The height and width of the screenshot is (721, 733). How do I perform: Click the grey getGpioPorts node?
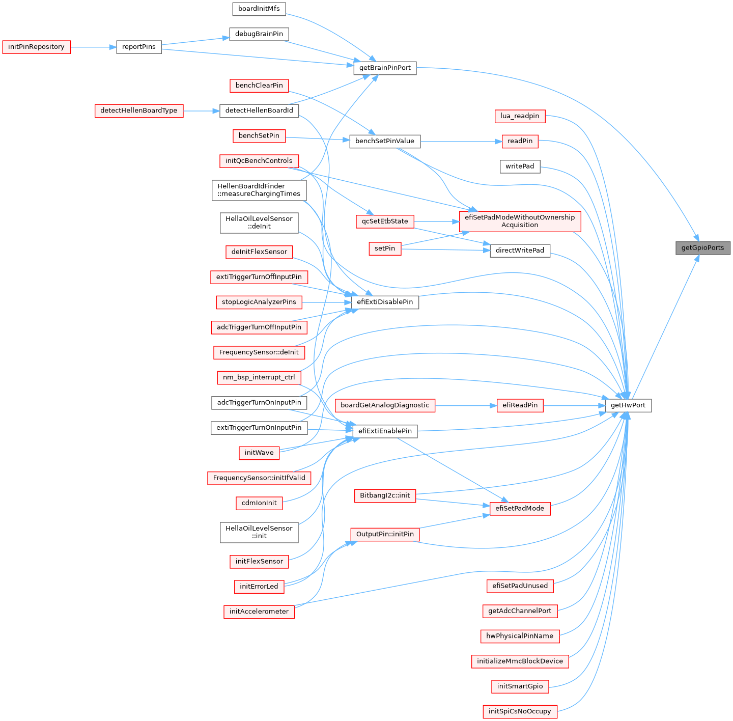click(702, 248)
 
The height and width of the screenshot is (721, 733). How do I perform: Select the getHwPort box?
click(628, 405)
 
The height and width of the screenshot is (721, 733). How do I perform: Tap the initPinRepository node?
click(37, 47)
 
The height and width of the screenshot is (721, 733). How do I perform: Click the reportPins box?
click(139, 47)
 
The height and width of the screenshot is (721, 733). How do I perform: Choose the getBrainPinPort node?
click(385, 68)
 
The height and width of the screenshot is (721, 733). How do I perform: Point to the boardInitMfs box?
click(259, 9)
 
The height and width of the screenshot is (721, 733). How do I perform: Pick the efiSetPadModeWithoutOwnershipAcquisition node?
click(520, 221)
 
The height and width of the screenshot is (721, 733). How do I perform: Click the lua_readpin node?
click(520, 116)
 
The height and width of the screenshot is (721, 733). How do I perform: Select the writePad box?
click(520, 167)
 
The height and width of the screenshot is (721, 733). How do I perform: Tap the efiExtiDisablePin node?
click(385, 302)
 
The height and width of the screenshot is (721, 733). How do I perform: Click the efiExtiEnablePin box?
click(385, 431)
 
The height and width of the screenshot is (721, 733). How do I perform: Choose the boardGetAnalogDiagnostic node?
click(385, 405)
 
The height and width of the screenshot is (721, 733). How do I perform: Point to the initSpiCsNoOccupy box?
click(520, 711)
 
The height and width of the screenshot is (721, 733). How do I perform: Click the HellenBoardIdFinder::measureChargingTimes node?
click(259, 190)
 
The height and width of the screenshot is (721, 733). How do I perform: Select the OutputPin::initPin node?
click(385, 534)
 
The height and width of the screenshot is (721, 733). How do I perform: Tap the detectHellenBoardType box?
click(139, 111)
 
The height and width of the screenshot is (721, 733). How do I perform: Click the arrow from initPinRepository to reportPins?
click(94, 47)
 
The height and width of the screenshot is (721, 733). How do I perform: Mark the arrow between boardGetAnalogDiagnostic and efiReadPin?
click(466, 405)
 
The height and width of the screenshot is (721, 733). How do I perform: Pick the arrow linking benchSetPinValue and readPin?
click(461, 142)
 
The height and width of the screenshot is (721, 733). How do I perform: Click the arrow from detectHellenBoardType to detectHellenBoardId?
click(201, 111)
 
